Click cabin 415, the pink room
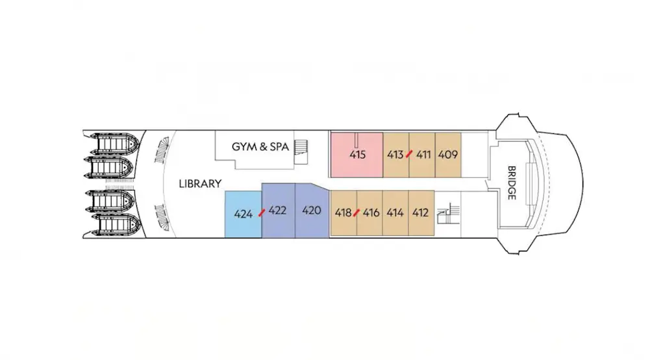[357, 155]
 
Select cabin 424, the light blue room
[243, 214]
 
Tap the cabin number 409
[448, 155]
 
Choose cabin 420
[312, 211]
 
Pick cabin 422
[278, 211]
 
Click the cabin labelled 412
[421, 212]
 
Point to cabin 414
[395, 212]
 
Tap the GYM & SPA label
[260, 147]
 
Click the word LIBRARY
[200, 184]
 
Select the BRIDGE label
[512, 183]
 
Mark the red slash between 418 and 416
[357, 212]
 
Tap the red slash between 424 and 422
[262, 212]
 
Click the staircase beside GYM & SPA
[301, 151]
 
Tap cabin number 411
[423, 155]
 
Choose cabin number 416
[371, 212]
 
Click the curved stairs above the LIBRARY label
[162, 150]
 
